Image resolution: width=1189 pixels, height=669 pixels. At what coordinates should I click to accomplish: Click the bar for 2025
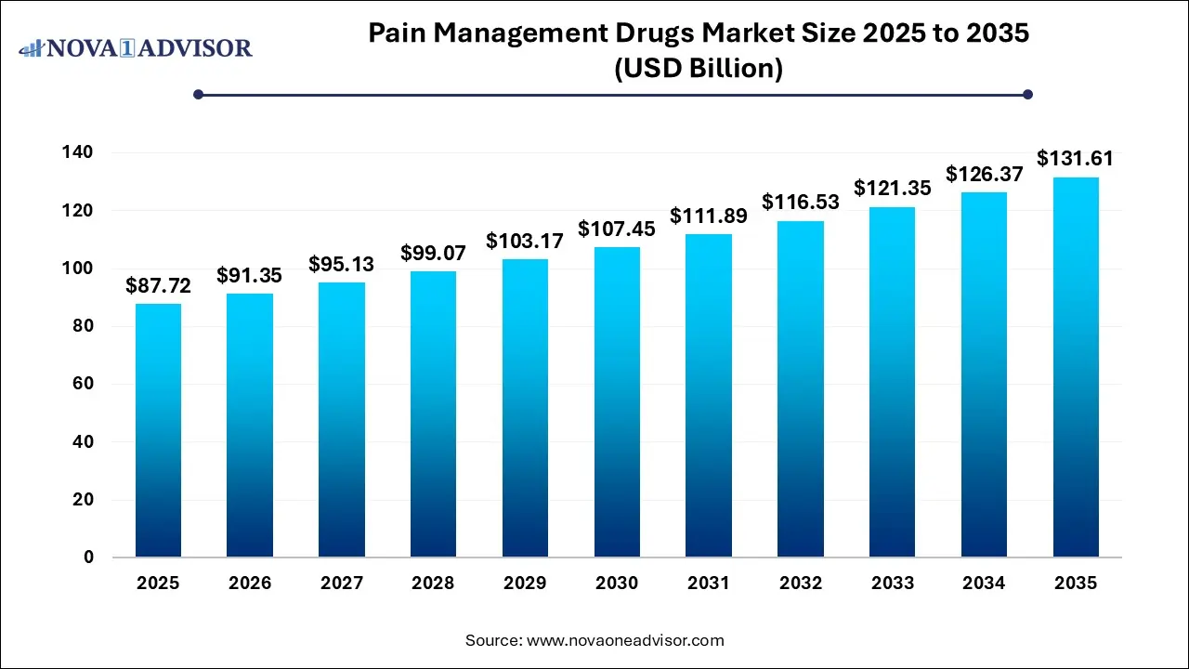[x=158, y=430]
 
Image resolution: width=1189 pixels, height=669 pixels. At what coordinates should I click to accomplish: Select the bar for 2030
[x=617, y=401]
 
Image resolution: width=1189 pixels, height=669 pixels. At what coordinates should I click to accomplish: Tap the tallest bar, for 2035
[x=1076, y=367]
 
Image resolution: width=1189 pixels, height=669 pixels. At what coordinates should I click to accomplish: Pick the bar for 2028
[x=433, y=413]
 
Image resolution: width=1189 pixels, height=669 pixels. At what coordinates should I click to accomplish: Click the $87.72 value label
[x=158, y=286]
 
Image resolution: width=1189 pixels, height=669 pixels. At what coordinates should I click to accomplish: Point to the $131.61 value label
[x=1075, y=159]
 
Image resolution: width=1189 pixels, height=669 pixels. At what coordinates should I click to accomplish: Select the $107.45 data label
[x=617, y=229]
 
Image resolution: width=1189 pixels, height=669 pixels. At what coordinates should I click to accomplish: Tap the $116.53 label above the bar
[x=800, y=202]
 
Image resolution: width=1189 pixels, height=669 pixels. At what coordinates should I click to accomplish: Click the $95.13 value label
[x=342, y=264]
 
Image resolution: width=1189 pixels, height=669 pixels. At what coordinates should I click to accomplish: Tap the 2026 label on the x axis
[x=250, y=584]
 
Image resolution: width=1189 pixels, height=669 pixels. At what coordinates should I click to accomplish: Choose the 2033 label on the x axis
[x=892, y=584]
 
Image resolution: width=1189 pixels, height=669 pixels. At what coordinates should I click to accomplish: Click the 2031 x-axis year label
[x=709, y=584]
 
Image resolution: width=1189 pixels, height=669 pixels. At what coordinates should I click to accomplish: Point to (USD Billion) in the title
[x=699, y=68]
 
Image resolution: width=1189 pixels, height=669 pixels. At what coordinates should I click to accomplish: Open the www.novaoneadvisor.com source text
[x=625, y=640]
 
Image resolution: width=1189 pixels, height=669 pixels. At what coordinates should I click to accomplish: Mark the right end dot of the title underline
[x=1027, y=94]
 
